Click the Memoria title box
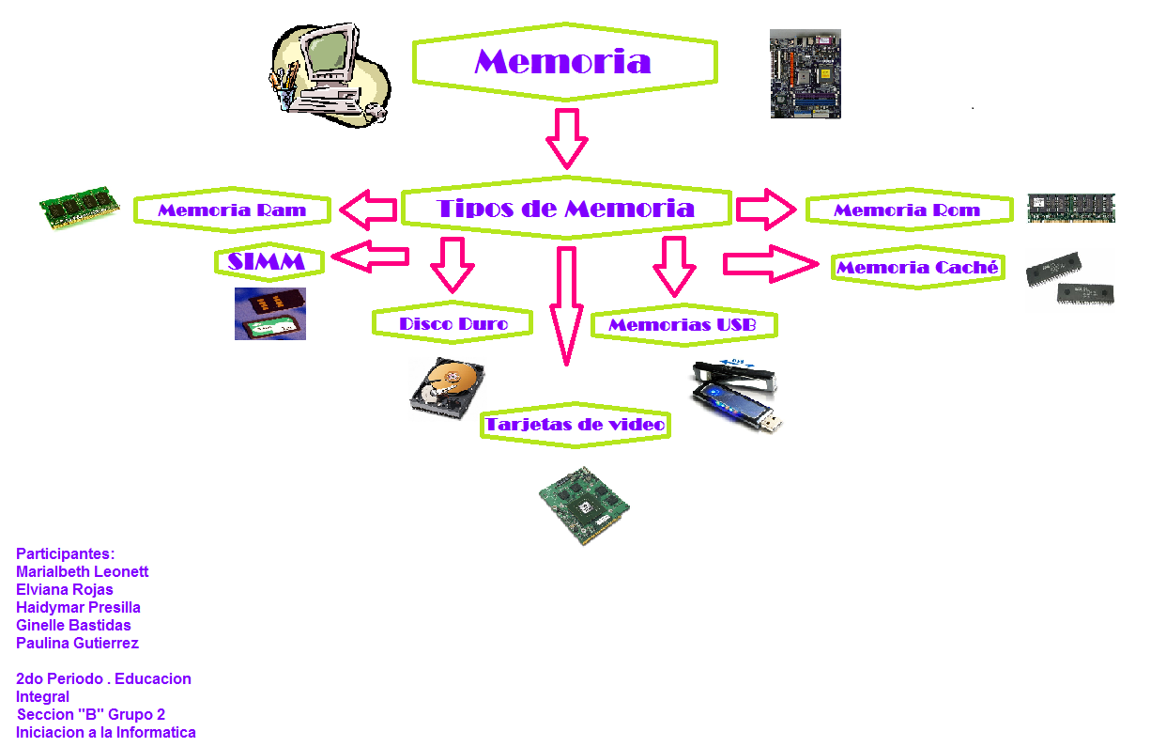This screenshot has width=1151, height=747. coord(563,62)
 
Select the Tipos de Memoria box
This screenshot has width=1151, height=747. coord(565,209)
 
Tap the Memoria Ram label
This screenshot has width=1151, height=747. coord(232,210)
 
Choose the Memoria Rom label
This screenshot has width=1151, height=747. coord(907,210)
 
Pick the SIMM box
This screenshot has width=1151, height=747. coord(268,262)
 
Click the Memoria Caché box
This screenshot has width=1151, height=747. coord(918,268)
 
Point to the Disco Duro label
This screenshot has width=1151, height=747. coord(453,324)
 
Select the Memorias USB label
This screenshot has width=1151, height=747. coord(682,325)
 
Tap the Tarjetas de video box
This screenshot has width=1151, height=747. coord(575,425)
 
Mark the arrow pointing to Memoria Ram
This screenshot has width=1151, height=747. coord(367,210)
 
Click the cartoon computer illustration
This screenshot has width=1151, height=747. coord(329,75)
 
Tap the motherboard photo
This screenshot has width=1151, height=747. coord(805,74)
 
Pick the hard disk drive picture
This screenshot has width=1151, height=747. coord(447,386)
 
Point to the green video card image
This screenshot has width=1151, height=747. coord(583,506)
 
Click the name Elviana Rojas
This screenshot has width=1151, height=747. coord(65,590)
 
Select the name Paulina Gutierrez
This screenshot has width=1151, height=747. coord(77,644)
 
